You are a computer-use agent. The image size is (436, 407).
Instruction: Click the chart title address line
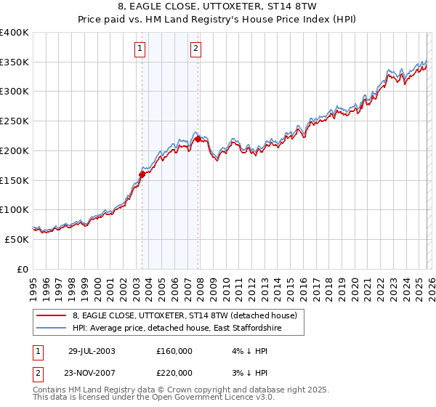click(x=217, y=8)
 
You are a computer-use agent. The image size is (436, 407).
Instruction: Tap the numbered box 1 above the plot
click(x=140, y=49)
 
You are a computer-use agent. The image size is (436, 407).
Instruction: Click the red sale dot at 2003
click(x=142, y=174)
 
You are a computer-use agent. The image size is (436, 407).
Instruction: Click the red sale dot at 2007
click(x=198, y=138)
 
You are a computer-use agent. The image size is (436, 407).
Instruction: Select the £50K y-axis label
click(x=17, y=239)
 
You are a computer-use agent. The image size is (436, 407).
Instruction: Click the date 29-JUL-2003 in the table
click(x=91, y=350)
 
